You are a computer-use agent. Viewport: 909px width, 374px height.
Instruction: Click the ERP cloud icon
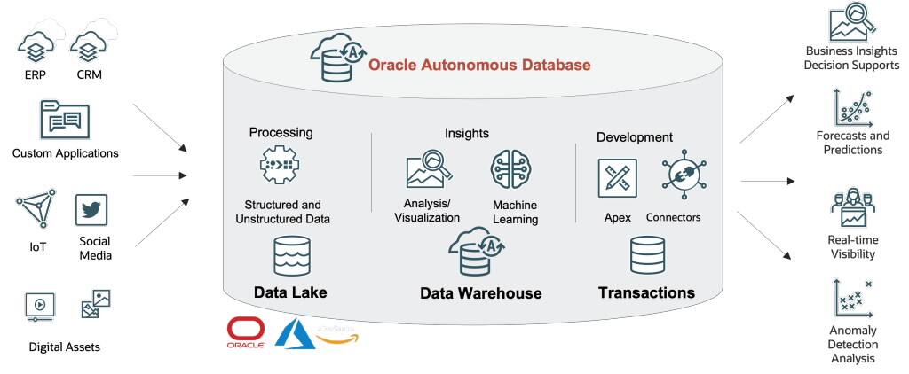pos(36,44)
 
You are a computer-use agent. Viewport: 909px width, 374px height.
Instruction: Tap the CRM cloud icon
pos(89,44)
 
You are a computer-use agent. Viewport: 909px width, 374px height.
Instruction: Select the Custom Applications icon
pos(65,119)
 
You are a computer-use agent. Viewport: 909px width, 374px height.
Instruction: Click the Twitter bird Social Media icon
pos(91,211)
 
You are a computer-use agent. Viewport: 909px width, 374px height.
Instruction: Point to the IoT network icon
pos(36,210)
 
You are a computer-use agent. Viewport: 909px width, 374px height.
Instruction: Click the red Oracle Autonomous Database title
pos(479,65)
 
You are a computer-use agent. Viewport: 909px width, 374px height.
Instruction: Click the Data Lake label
pos(291,292)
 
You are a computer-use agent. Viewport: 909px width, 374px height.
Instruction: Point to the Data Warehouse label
pos(480,293)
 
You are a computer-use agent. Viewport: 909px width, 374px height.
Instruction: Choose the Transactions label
pos(646,292)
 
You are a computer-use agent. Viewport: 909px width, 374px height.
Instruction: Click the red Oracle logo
pos(244,333)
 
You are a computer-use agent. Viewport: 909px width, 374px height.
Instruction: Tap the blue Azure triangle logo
pos(294,333)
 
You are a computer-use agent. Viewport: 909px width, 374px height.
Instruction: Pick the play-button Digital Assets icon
pos(40,305)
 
